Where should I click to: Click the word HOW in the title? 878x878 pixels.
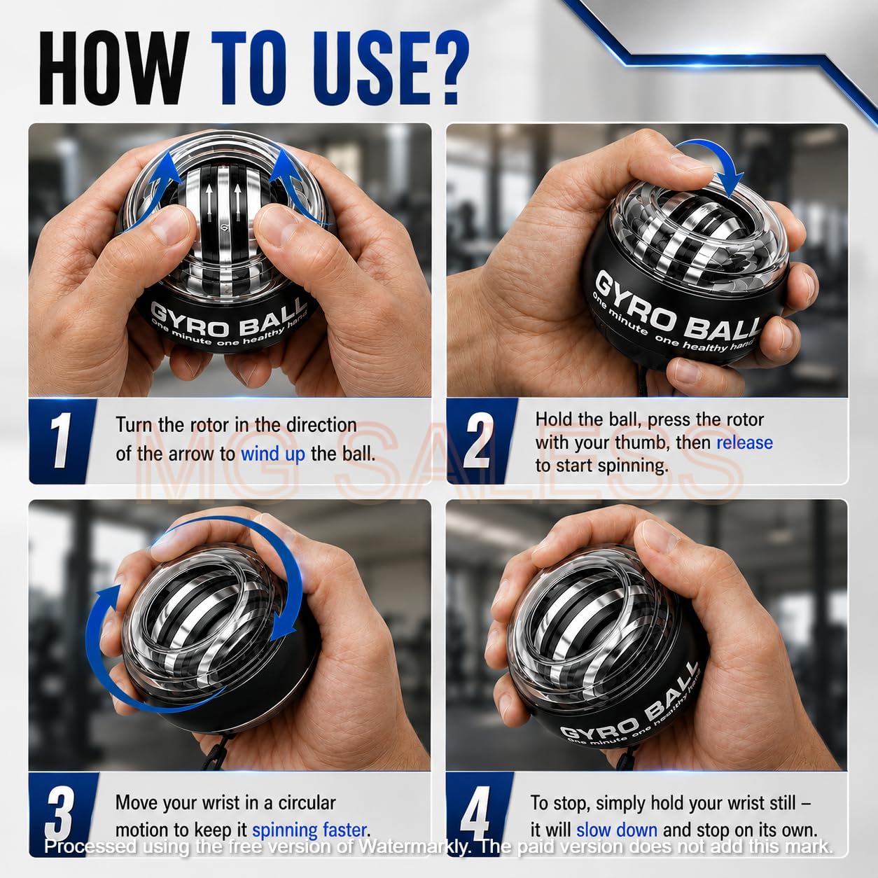[114, 69]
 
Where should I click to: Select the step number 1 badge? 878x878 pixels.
[62, 440]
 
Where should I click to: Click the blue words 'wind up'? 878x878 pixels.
[273, 454]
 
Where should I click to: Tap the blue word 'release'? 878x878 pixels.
[744, 443]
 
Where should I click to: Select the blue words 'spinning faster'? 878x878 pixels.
[310, 830]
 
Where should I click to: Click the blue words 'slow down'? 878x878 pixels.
[616, 830]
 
